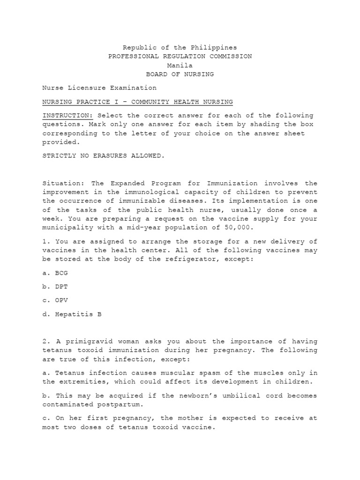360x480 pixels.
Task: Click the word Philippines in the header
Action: pyautogui.click(x=215, y=47)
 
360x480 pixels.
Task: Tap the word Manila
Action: pyautogui.click(x=180, y=65)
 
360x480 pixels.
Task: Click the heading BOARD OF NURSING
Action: pyautogui.click(x=180, y=74)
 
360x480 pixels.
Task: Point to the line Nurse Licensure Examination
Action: pyautogui.click(x=99, y=88)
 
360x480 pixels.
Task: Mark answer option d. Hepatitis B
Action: pyautogui.click(x=72, y=314)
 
